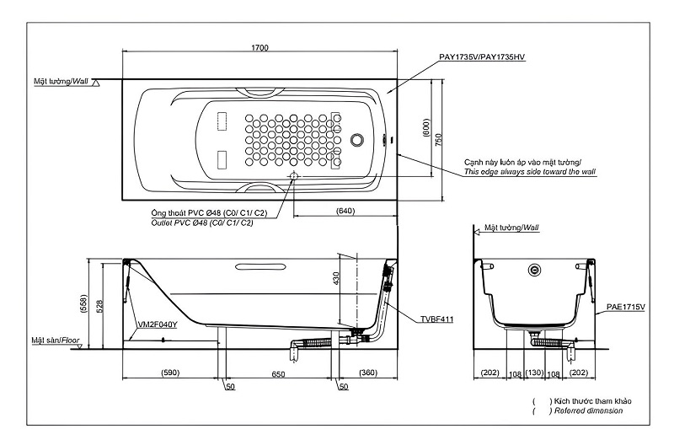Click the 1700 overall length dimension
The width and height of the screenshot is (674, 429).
coord(259,47)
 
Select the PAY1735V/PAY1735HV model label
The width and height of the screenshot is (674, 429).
coord(482,56)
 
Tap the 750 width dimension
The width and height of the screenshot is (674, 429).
coord(438,139)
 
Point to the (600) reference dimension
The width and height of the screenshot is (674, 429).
coord(426,128)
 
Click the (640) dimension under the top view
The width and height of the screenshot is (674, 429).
coord(345,211)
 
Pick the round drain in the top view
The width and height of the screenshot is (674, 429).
coord(356,139)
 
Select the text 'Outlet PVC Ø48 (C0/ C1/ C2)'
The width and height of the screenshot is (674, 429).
coord(202,223)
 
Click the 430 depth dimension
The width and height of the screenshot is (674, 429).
coord(335,278)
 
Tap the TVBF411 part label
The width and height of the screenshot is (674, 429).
coord(436,319)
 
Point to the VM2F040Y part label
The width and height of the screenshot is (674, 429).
coord(158,324)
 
